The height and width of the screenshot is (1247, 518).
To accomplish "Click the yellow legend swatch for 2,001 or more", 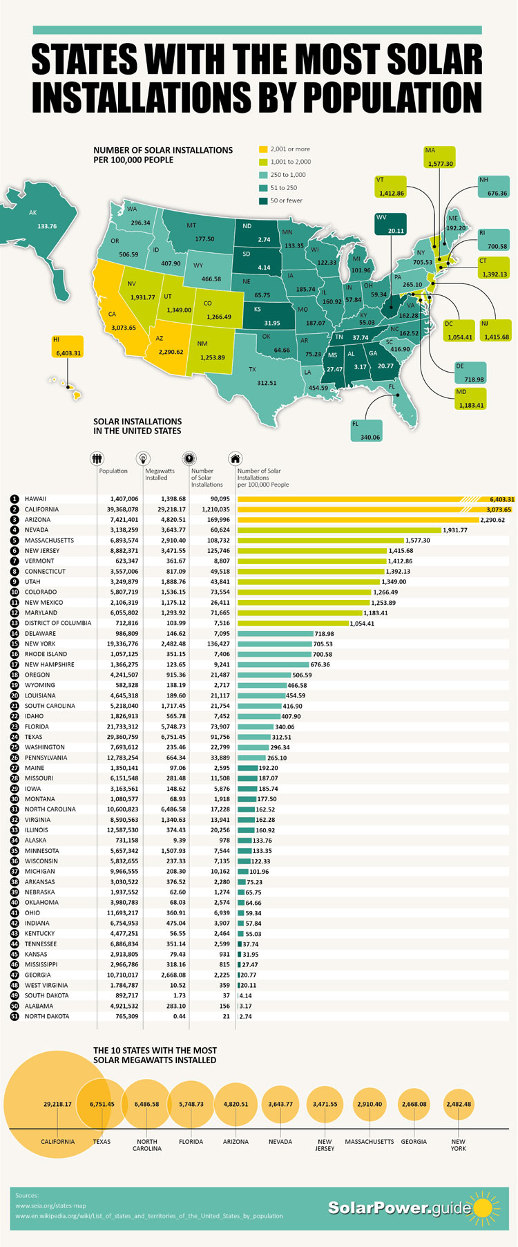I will [x=262, y=149].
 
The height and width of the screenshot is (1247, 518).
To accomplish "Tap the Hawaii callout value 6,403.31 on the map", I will [x=67, y=353].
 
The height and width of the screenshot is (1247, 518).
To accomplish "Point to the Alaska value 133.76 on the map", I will [x=47, y=226].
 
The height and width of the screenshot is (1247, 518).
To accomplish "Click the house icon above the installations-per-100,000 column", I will [x=236, y=458].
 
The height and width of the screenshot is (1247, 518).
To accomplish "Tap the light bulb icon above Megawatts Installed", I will [x=143, y=458].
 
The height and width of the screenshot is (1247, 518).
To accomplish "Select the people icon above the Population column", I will [x=97, y=458].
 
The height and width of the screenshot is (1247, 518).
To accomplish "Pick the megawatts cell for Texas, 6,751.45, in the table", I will [x=173, y=737].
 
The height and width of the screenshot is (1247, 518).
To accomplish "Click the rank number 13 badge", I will [x=14, y=623].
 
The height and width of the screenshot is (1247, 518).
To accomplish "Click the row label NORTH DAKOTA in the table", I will [x=47, y=1016].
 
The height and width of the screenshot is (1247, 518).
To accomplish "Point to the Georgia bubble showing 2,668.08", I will [x=414, y=1104].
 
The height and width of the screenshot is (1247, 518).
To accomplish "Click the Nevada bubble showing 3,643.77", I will [x=280, y=1104].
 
